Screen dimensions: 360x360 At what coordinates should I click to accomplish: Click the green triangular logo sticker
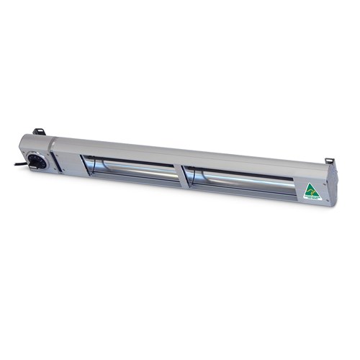click(x=310, y=190)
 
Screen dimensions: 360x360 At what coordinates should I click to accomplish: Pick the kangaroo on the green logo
click(x=310, y=191)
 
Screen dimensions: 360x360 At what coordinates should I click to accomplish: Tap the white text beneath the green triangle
click(x=311, y=199)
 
